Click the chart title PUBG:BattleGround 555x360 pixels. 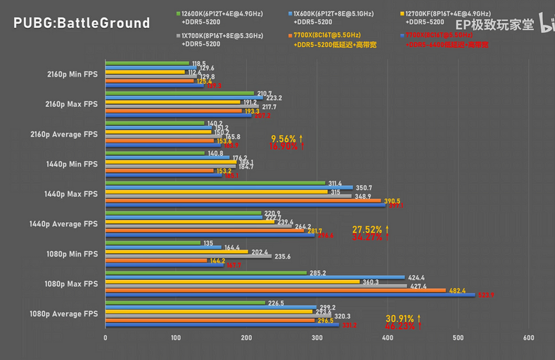pos(82,23)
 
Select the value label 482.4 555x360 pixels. pos(459,290)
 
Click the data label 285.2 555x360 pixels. pos(319,273)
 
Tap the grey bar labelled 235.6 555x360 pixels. pos(189,256)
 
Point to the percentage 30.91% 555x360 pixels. pos(400,319)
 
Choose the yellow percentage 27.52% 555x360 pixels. pos(366,229)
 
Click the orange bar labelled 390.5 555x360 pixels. pos(243,200)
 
